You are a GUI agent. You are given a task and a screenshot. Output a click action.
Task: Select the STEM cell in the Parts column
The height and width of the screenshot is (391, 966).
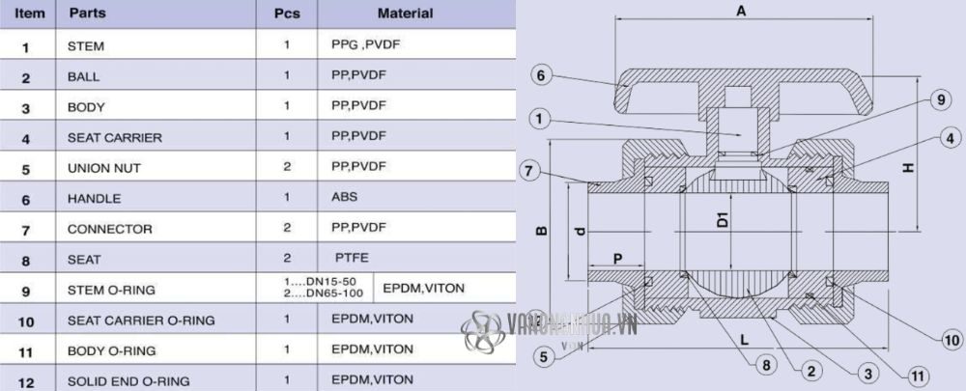(x=86, y=45)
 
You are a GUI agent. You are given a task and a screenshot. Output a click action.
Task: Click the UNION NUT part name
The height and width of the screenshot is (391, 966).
(x=100, y=168)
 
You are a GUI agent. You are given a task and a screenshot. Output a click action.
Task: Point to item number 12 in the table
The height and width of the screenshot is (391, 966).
(x=26, y=381)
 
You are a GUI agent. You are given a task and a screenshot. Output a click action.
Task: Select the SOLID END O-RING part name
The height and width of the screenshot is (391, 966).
(x=128, y=381)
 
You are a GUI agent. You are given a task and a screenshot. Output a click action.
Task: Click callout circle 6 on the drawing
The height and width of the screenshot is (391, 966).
(x=542, y=75)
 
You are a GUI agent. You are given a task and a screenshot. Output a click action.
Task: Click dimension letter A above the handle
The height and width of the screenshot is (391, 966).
(x=741, y=12)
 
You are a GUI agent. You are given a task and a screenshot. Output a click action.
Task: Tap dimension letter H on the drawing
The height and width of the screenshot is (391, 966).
(x=907, y=167)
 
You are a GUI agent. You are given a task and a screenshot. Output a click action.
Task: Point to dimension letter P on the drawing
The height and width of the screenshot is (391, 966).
(x=615, y=259)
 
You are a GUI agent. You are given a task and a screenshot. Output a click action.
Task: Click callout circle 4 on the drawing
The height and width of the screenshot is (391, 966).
(x=950, y=137)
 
